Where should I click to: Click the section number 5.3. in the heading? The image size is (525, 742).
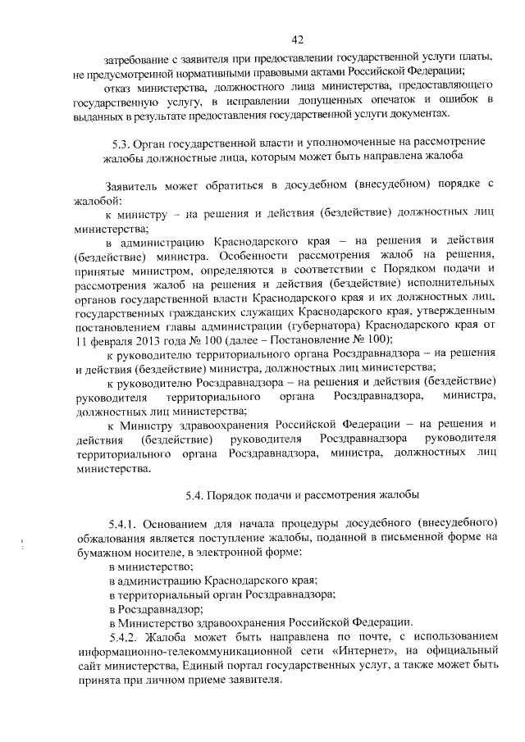tap(111, 140)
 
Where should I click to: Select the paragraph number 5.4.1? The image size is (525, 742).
tap(126, 522)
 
